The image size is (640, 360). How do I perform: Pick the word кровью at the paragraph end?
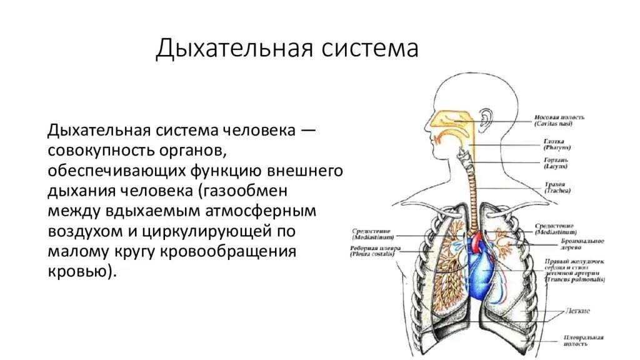pos(79,272)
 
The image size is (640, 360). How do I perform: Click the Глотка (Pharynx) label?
pos(556,145)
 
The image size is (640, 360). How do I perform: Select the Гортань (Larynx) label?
pos(556,164)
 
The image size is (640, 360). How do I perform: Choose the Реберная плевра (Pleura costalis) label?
pos(374,252)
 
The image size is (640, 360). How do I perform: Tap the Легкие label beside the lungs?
pos(574,311)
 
